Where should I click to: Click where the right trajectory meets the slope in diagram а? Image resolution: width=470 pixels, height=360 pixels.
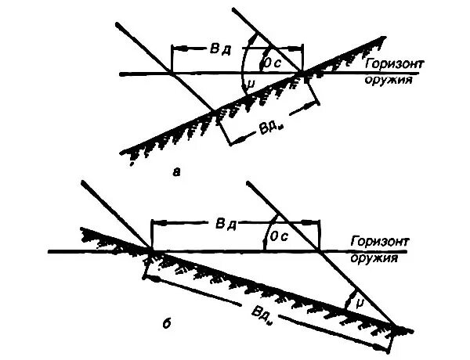(302, 74)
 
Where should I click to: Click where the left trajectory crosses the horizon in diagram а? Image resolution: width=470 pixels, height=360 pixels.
(172, 74)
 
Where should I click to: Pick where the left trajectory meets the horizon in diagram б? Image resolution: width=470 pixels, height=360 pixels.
(150, 251)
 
